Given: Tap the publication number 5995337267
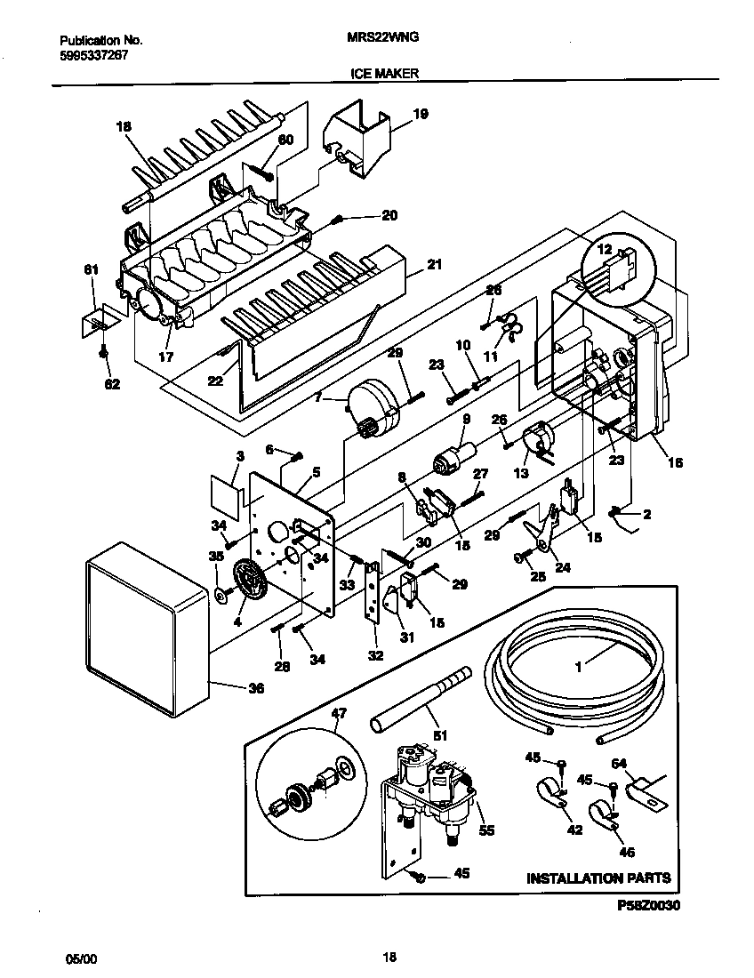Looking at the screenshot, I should [x=95, y=53].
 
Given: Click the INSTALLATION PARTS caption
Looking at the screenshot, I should [x=598, y=878].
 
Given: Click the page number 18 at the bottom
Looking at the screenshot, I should [x=389, y=958].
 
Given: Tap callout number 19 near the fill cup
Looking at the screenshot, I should [x=421, y=114].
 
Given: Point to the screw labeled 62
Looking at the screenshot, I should [x=104, y=353].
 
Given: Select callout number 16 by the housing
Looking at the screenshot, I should [x=675, y=463].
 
